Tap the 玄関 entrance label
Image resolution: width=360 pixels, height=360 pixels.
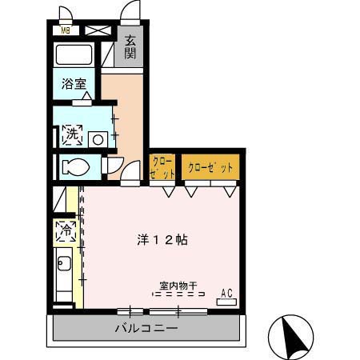pos(130,47)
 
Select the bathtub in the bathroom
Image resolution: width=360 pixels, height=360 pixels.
pos(74,55)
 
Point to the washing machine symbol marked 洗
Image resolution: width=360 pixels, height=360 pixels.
pos(72,134)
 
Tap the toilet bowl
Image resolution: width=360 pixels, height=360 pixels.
pos(76,167)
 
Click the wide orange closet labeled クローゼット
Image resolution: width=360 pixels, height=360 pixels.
pos(210,168)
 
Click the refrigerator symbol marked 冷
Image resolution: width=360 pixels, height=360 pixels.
pos(65,232)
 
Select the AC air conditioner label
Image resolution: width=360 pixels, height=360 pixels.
pos(226,294)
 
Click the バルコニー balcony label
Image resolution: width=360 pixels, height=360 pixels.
pos(146,328)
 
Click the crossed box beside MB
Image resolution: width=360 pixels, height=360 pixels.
pos(96,30)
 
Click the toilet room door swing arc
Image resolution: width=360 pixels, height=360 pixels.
pos(113,165)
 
